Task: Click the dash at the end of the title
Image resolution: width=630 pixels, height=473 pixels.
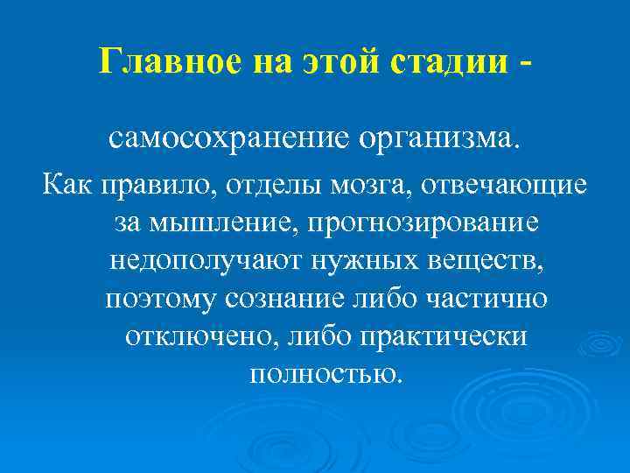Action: [x=522, y=61]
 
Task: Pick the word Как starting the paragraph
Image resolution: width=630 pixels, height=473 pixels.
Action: [x=68, y=186]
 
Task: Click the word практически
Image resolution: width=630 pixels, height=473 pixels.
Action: [x=440, y=336]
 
